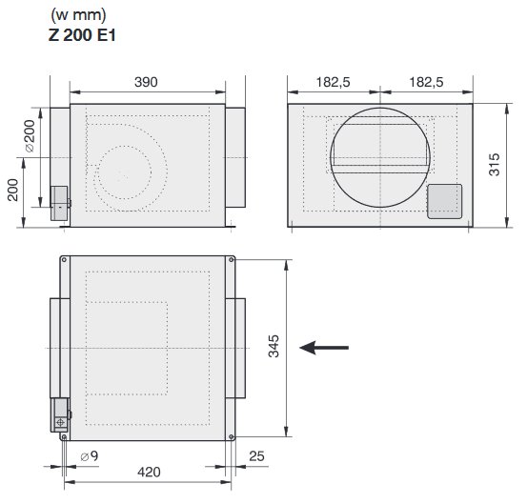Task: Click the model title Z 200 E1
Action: [x=82, y=35]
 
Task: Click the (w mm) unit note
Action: [x=78, y=15]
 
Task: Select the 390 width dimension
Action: [x=146, y=82]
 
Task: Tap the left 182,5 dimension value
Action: [x=334, y=82]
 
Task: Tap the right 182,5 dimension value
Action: [x=426, y=82]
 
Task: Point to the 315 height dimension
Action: [x=495, y=165]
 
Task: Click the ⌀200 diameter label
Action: [x=30, y=136]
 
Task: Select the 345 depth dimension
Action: [x=274, y=346]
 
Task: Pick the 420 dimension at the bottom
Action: [x=149, y=472]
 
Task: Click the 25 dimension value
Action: [x=256, y=456]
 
